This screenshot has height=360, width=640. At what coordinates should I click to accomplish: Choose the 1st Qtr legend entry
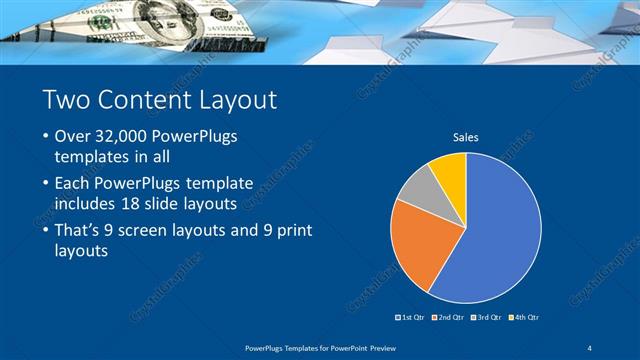411,317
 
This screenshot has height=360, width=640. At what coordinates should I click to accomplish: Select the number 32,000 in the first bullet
124,135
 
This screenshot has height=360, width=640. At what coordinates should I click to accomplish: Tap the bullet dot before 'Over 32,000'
45,136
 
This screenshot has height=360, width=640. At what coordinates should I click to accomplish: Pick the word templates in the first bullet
90,158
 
